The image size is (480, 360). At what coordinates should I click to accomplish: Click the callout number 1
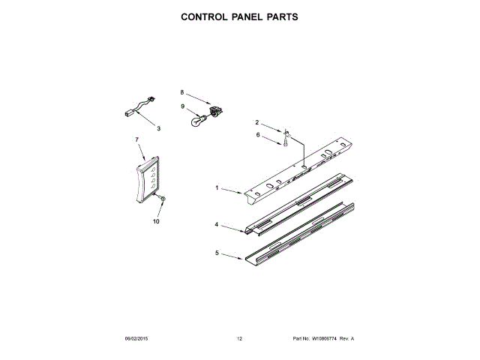(217, 188)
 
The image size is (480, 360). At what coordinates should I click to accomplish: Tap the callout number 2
(256, 122)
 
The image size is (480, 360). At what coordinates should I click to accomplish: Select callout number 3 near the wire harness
(158, 128)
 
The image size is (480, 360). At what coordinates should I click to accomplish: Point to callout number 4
(216, 224)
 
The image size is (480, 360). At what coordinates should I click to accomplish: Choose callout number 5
(217, 253)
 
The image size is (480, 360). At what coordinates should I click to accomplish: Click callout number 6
(256, 135)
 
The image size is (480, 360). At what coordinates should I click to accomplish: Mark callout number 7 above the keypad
(137, 140)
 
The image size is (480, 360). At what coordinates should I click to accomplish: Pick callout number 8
(181, 92)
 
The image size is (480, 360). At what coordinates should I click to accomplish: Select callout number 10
(157, 222)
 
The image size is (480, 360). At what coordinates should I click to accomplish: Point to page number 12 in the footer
(239, 340)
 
